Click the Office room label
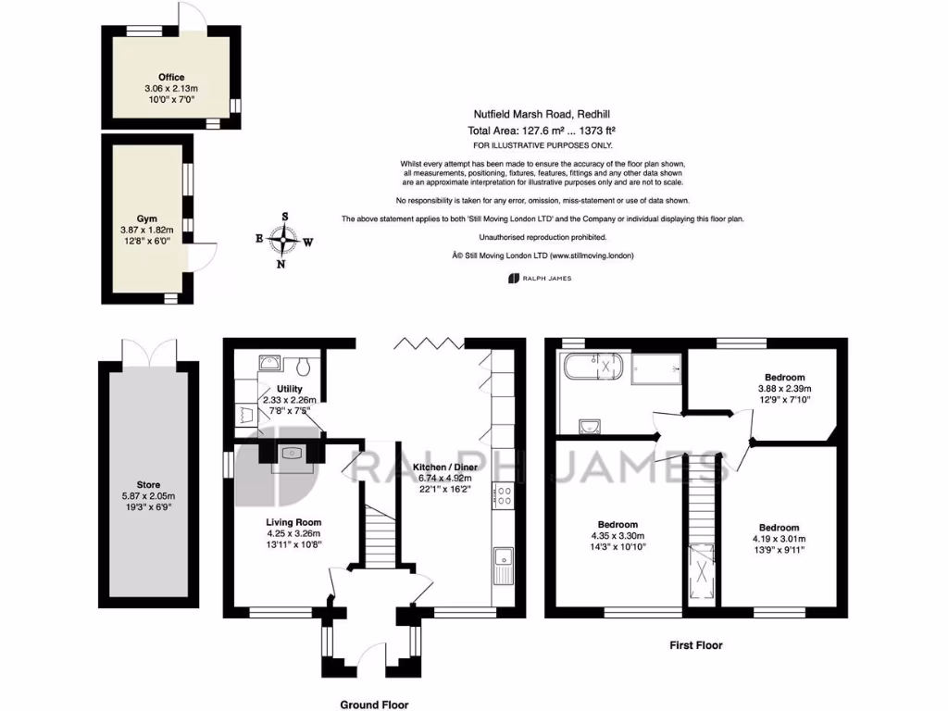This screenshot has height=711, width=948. pyautogui.click(x=170, y=77)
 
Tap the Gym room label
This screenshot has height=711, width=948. pyautogui.click(x=146, y=218)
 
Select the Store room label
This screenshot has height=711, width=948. pyautogui.click(x=149, y=482)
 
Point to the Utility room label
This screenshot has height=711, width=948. pyautogui.click(x=290, y=389)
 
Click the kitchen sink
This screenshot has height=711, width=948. pyautogui.click(x=505, y=559)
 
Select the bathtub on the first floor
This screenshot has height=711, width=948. pyautogui.click(x=593, y=368)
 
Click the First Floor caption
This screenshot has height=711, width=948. pyautogui.click(x=695, y=645)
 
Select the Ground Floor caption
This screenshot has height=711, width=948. pyautogui.click(x=374, y=705)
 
